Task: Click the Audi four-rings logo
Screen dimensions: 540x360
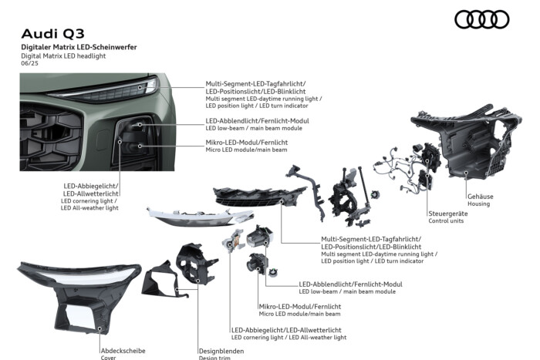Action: (482, 19)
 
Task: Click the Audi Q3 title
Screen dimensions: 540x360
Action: (52, 34)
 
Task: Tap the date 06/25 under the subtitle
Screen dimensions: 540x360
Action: (29, 63)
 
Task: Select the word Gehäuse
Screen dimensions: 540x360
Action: (480, 197)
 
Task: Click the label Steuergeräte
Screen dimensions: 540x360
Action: (447, 214)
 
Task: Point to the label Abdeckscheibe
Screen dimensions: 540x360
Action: (123, 351)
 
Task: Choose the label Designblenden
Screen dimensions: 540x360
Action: (221, 351)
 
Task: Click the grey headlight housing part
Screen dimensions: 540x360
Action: (467, 143)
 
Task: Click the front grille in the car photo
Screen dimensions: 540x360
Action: (51, 137)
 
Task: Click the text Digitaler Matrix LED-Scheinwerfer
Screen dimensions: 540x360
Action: (79, 47)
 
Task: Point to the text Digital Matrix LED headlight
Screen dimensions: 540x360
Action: (63, 56)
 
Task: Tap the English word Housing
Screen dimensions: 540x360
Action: (478, 204)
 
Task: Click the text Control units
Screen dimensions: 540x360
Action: (446, 220)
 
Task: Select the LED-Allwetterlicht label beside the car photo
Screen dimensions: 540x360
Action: (90, 193)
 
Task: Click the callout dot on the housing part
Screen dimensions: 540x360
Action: (466, 173)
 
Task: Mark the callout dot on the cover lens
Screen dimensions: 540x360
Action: (100, 328)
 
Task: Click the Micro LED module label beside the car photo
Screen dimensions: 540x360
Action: (246, 150)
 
